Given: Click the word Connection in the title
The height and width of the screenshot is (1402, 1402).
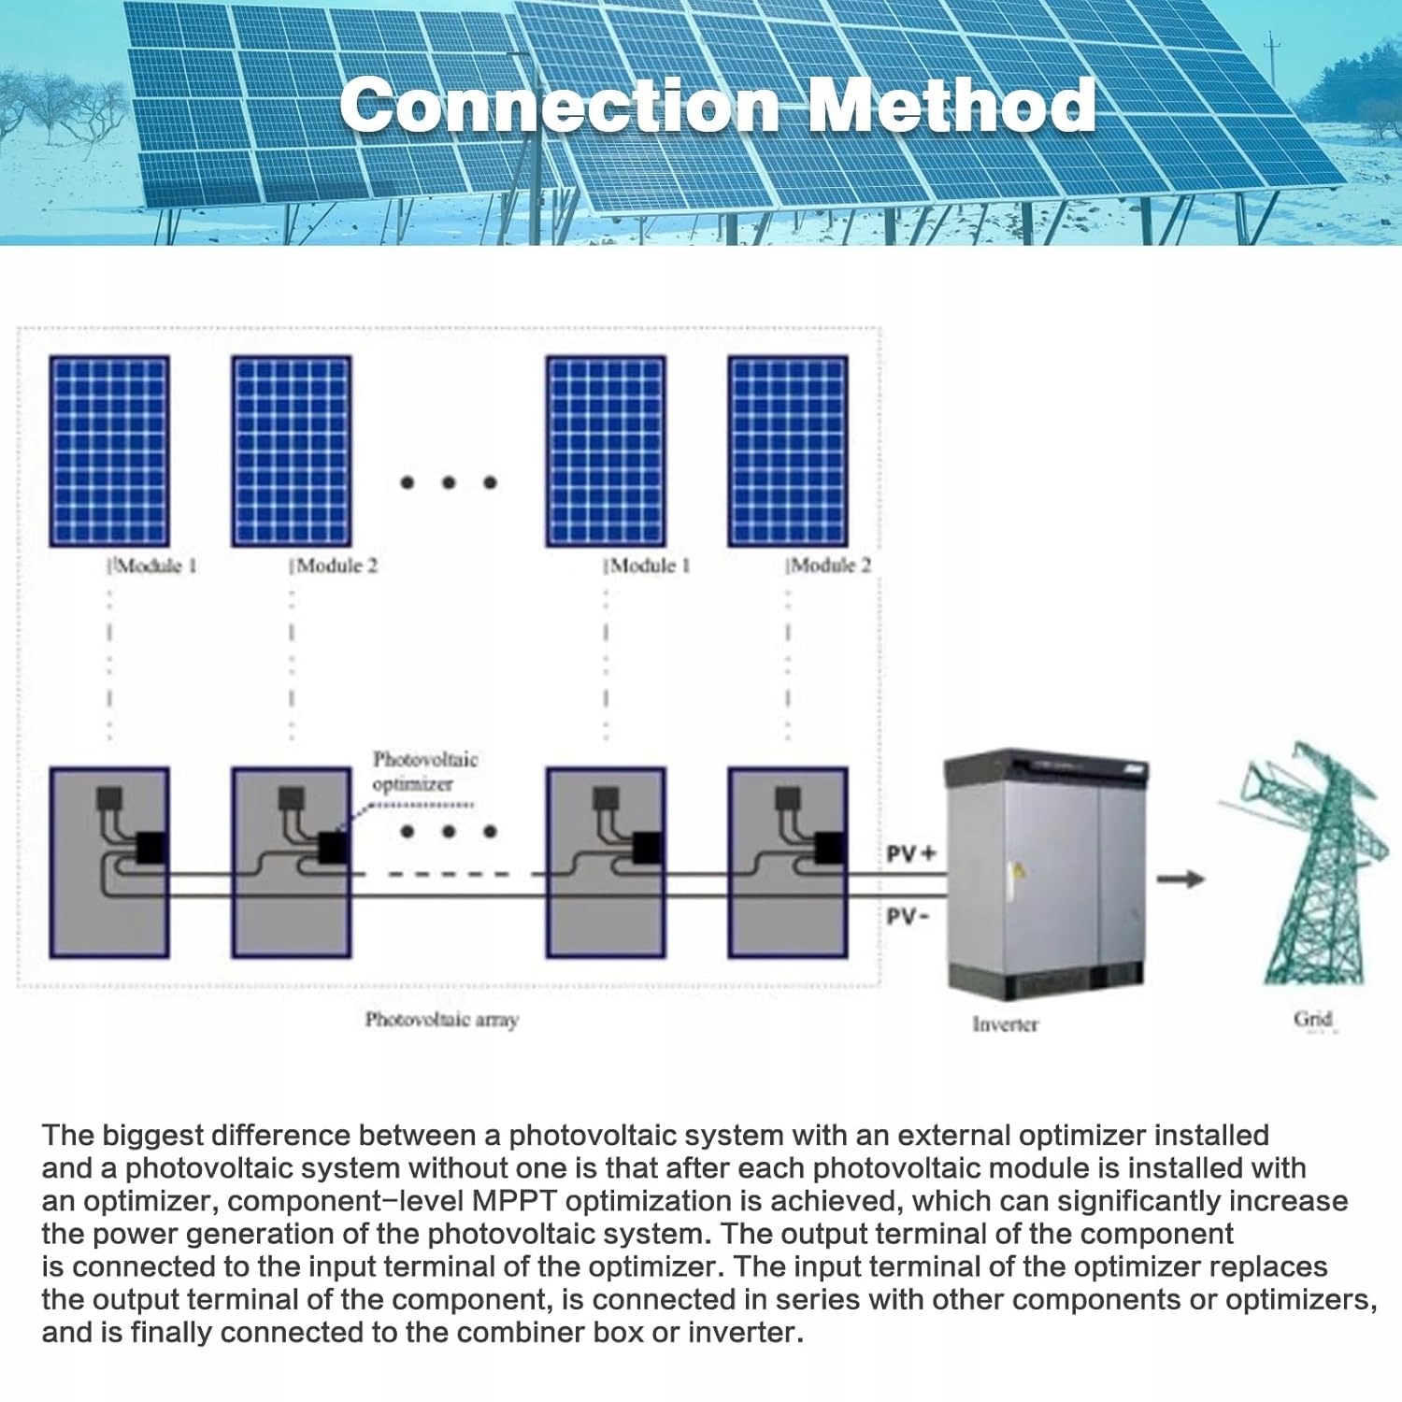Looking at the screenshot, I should point(559,105).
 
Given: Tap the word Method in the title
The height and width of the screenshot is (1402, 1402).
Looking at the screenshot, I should point(951,105).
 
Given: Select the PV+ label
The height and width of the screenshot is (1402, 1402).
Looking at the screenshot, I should point(910,854).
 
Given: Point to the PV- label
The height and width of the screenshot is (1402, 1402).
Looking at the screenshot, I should point(907,916).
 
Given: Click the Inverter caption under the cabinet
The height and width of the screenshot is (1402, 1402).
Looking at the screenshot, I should point(1005,1024).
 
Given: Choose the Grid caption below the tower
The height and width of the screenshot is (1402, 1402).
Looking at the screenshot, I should point(1312,1019).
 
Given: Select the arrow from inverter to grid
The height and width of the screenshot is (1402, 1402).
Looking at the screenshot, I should point(1180,879).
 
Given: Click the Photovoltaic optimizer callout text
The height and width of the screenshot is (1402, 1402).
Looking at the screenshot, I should point(424,771).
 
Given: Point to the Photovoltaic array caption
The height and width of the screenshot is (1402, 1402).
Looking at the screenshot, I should point(441,1020).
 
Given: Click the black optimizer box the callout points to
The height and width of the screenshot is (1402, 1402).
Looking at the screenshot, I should point(334,848).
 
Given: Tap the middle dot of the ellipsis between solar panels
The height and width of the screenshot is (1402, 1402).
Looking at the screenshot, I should point(449,482).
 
